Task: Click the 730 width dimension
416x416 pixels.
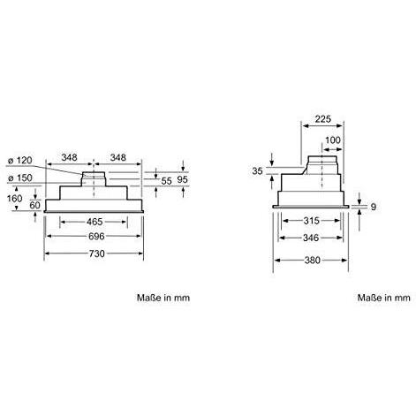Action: pyautogui.click(x=97, y=253)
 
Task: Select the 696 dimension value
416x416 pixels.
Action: pyautogui.click(x=96, y=236)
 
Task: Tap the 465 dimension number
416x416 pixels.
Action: pyautogui.click(x=95, y=222)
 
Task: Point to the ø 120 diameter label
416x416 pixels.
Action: pyautogui.click(x=20, y=161)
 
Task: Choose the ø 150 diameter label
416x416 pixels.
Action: pyautogui.click(x=20, y=178)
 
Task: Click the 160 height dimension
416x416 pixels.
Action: pyautogui.click(x=15, y=199)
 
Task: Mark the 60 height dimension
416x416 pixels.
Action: pyautogui.click(x=34, y=205)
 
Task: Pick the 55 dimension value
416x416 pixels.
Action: pyautogui.click(x=166, y=181)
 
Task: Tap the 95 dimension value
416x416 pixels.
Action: pyautogui.click(x=183, y=179)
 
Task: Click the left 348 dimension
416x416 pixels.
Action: pyautogui.click(x=69, y=157)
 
